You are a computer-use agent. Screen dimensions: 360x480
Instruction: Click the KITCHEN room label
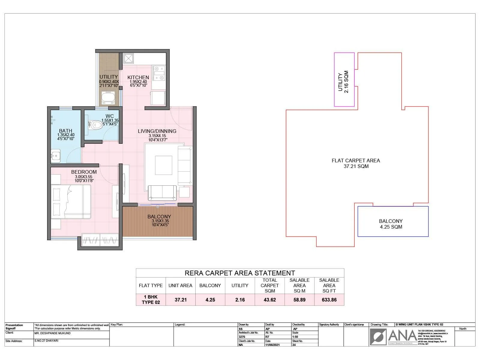point(138,77)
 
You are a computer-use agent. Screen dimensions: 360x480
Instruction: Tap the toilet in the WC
point(95,125)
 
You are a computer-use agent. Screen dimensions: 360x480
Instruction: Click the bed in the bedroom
point(71,202)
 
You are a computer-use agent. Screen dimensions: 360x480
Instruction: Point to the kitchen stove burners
point(159,73)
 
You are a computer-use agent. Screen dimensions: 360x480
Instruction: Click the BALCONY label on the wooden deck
point(159,217)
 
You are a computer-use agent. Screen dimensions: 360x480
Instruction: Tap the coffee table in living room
point(163,165)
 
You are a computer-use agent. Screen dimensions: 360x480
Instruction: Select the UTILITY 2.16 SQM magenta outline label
point(343,82)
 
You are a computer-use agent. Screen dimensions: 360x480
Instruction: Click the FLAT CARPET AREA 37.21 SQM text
point(356,163)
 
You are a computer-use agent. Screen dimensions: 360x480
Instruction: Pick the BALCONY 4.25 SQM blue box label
point(391,224)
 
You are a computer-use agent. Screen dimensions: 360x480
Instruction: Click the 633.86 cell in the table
point(329,300)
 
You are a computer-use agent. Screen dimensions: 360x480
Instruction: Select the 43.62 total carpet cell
point(270,300)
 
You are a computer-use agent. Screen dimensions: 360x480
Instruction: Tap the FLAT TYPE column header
point(151,286)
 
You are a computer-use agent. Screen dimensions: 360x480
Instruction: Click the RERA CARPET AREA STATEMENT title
point(240,273)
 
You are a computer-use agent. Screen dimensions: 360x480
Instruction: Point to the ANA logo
point(393,336)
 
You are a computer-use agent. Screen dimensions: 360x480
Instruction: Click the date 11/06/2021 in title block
point(272,345)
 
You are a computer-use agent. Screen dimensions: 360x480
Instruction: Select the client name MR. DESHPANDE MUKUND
point(52,333)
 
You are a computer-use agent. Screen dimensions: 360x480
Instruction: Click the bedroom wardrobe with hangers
point(100,240)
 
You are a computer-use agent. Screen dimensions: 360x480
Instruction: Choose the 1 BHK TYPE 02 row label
point(151,300)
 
